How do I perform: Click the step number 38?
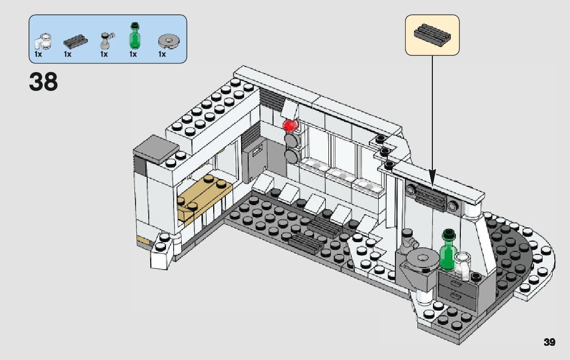tap(43, 81)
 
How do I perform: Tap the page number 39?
tap(549, 342)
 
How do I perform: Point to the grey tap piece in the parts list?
tap(106, 40)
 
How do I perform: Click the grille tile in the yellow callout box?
tap(432, 34)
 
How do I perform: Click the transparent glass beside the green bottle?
tap(463, 265)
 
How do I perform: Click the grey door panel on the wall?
tap(254, 161)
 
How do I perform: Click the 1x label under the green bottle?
tap(133, 54)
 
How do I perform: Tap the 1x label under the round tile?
tap(162, 54)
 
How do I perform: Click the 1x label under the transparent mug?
tap(38, 54)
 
